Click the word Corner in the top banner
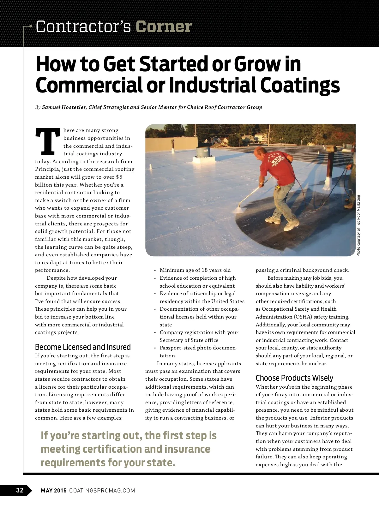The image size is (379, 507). pyautogui.click(x=164, y=27)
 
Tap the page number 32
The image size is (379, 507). pyautogui.click(x=20, y=490)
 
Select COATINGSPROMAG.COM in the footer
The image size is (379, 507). pyautogui.click(x=102, y=491)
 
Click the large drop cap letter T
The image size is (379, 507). pyautogui.click(x=48, y=142)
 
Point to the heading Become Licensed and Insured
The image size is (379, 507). pyautogui.click(x=83, y=347)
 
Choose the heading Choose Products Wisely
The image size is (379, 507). pyautogui.click(x=294, y=378)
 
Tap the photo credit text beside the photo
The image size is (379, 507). pyautogui.click(x=358, y=226)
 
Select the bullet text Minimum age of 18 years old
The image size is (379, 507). pyautogui.click(x=195, y=270)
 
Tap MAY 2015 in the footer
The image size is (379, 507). pyautogui.click(x=54, y=491)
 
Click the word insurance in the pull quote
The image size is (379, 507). pyautogui.click(x=186, y=449)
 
